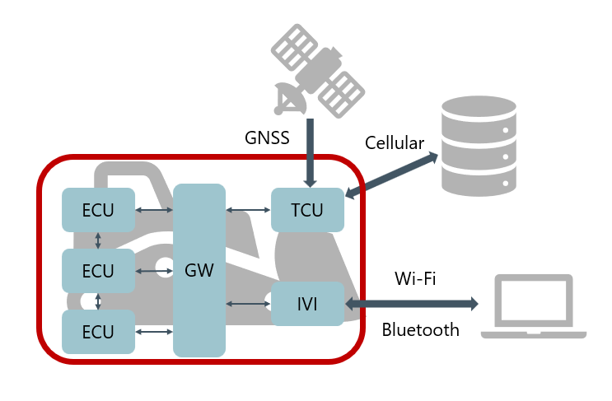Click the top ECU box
tap(99, 210)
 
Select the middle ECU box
tap(99, 271)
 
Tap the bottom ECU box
tap(99, 332)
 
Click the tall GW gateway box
tap(199, 270)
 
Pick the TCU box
tap(307, 210)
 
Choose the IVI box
tap(307, 304)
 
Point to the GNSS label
tap(268, 138)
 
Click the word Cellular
tap(395, 143)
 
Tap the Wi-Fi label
tap(416, 279)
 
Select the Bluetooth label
tap(421, 330)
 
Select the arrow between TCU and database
tap(392, 175)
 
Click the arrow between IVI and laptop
tap(412, 304)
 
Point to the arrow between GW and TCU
tap(248, 211)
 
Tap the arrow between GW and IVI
tap(248, 304)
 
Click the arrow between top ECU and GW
tap(154, 211)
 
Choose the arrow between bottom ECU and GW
tap(154, 332)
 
